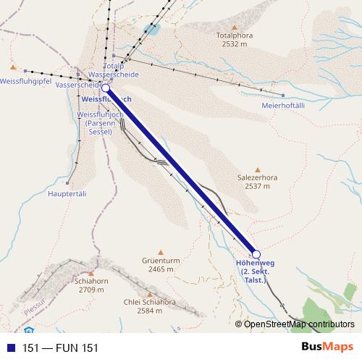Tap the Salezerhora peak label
point(257,181)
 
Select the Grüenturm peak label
point(161,264)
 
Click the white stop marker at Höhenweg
point(255,253)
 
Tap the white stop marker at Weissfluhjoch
point(106,88)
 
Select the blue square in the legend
point(9,348)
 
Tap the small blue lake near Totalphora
point(151,30)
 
